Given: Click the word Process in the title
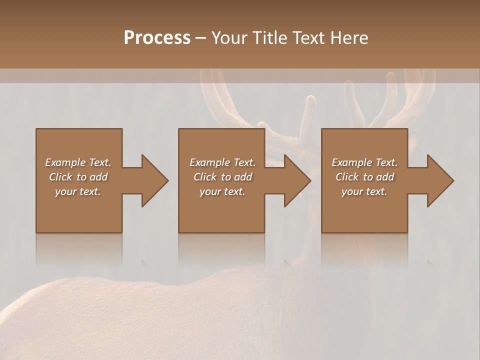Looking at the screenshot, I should pyautogui.click(x=157, y=38).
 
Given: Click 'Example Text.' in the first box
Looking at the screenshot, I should pyautogui.click(x=78, y=162).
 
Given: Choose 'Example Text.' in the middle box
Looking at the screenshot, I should pyautogui.click(x=222, y=162).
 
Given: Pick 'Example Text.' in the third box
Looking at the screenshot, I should pyautogui.click(x=364, y=162).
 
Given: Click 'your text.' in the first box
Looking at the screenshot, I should pyautogui.click(x=78, y=191).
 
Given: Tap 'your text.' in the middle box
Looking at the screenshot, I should pyautogui.click(x=222, y=191).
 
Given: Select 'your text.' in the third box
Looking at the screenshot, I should pyautogui.click(x=364, y=191).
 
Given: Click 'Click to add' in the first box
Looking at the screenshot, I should pyautogui.click(x=78, y=177).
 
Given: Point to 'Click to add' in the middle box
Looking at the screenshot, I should pyautogui.click(x=222, y=177).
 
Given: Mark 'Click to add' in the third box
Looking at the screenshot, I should pyautogui.click(x=364, y=177).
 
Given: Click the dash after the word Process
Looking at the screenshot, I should pyautogui.click(x=201, y=38).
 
